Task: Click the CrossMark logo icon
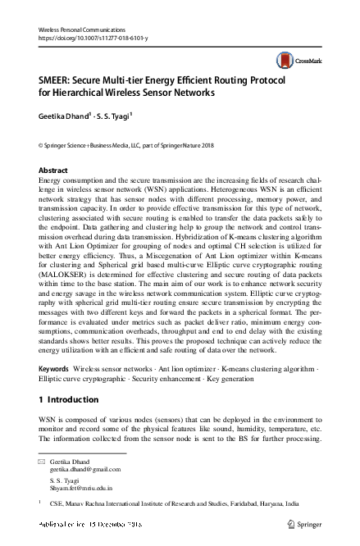point(286,60)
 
